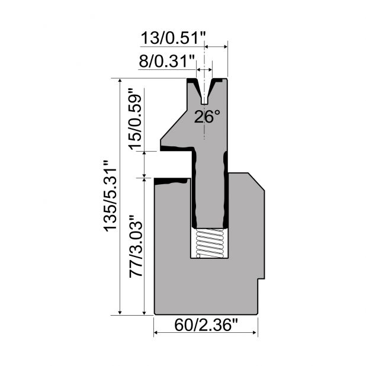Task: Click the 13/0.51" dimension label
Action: coord(173,38)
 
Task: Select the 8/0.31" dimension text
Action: coord(166,62)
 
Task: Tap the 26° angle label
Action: coord(207,117)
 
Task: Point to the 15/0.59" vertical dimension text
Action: coord(135,119)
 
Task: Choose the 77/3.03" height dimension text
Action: coord(136,246)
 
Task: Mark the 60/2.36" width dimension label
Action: coord(206,325)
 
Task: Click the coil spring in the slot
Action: coord(210,243)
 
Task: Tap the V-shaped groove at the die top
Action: coord(204,92)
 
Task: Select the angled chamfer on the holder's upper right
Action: coord(256,182)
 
